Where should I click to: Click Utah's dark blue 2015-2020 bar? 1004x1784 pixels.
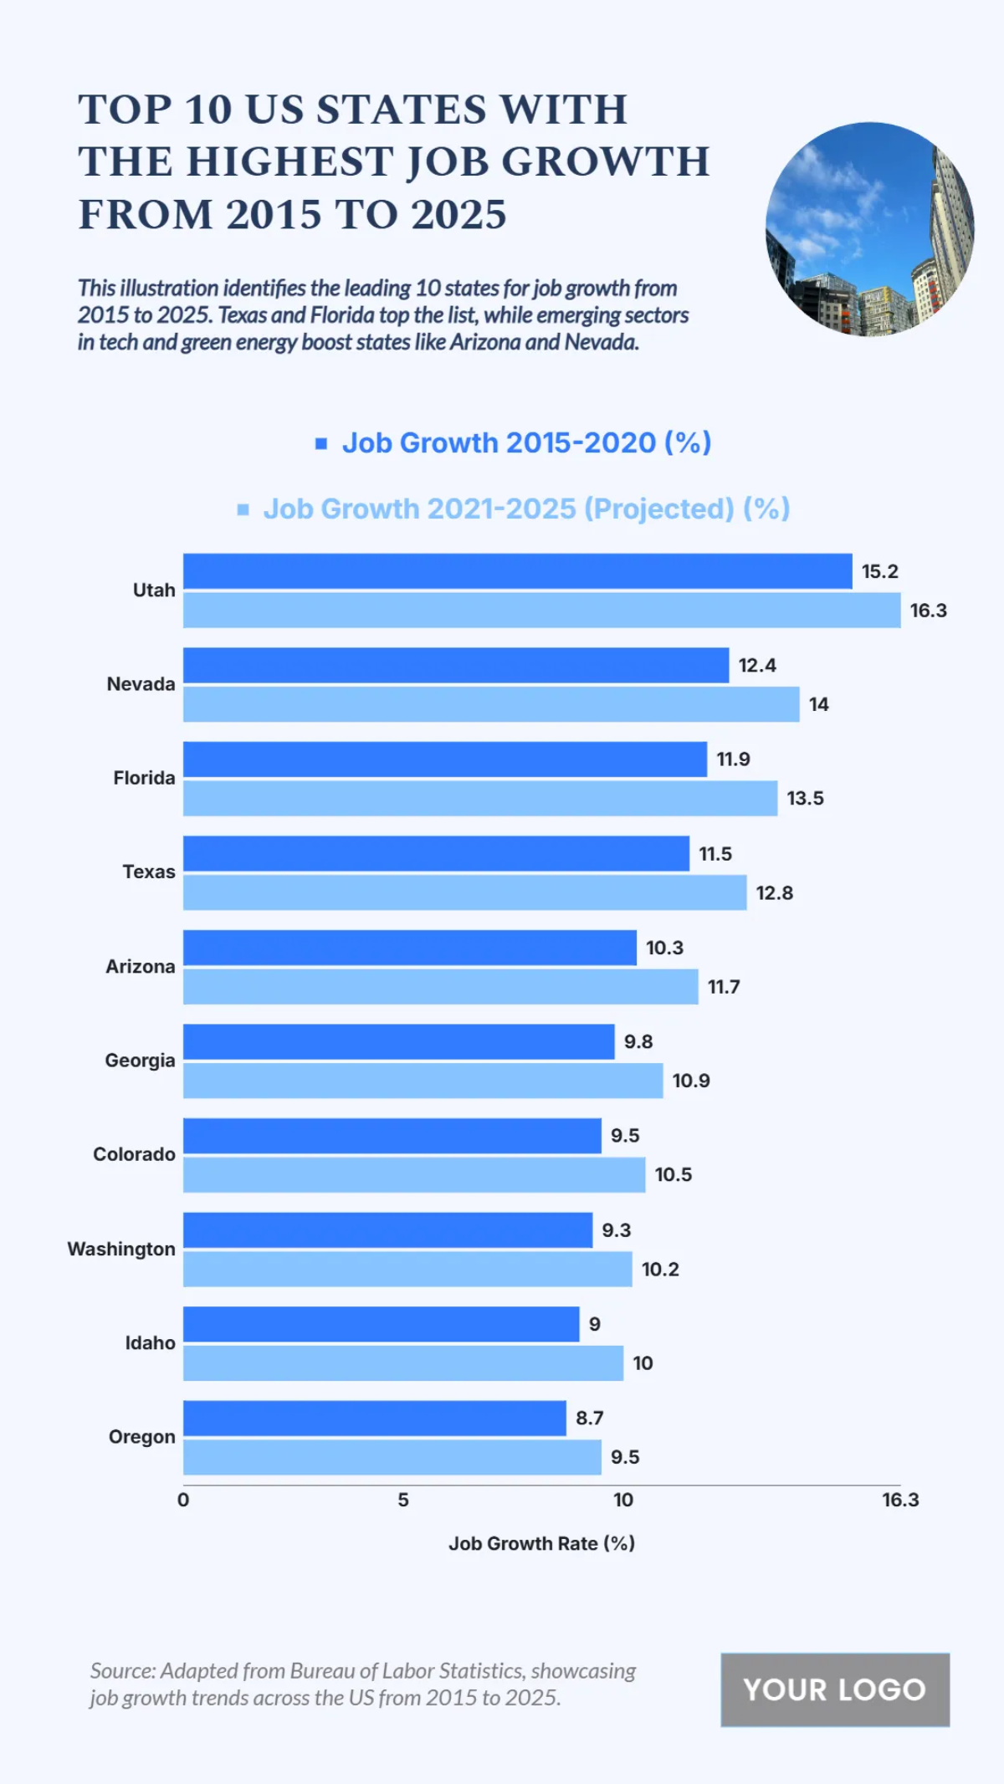point(517,571)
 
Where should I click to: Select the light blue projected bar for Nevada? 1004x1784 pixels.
point(491,704)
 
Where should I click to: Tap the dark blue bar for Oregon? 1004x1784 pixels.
point(374,1418)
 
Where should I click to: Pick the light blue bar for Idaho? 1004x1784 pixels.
point(402,1362)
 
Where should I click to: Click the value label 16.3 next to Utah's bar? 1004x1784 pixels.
point(928,611)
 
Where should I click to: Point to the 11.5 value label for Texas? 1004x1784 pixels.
point(715,854)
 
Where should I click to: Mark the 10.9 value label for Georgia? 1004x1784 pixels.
point(690,1081)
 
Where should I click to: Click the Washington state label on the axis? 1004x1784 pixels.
point(121,1249)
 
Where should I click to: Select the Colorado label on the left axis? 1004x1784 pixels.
point(134,1154)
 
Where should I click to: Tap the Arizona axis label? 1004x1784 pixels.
point(141,966)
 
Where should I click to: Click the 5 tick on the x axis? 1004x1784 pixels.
point(403,1500)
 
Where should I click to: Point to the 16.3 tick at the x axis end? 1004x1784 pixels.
point(900,1500)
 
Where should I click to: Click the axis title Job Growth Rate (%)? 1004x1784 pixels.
point(541,1543)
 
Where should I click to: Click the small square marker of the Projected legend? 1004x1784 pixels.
point(243,509)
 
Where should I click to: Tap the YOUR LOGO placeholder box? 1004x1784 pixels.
point(834,1689)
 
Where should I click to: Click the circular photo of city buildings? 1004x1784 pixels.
point(869,229)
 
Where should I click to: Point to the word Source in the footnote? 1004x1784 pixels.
point(121,1670)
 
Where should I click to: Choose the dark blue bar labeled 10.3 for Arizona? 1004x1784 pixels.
point(409,948)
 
